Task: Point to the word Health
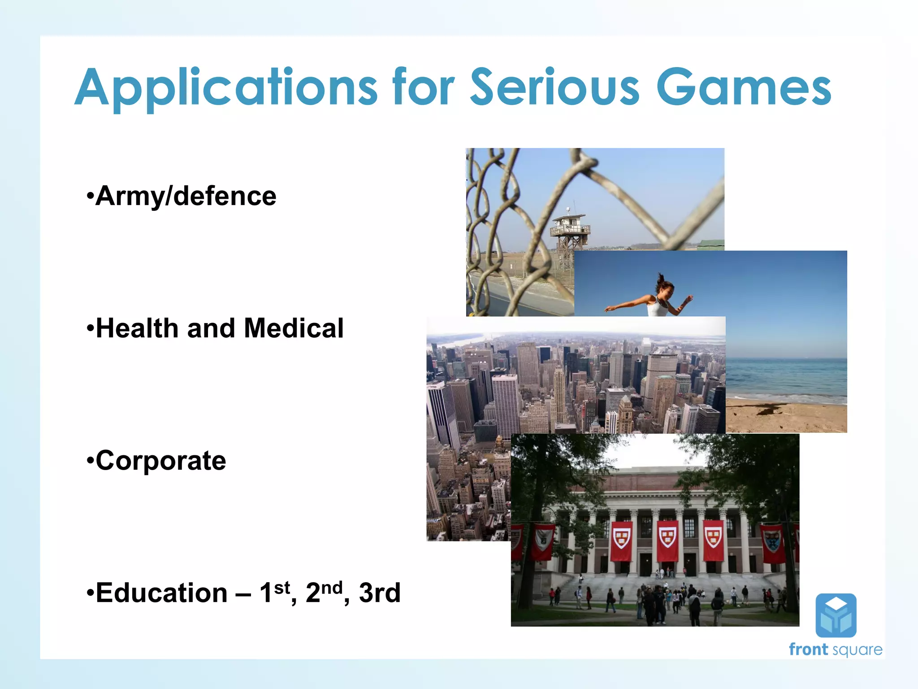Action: pos(137,328)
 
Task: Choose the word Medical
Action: pos(294,328)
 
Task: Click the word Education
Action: pos(161,593)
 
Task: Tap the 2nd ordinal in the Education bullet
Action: pos(324,592)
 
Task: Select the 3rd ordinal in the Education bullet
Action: pos(379,593)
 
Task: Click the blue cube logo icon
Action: pos(836,615)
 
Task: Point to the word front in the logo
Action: pos(808,650)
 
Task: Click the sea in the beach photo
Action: pos(786,377)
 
